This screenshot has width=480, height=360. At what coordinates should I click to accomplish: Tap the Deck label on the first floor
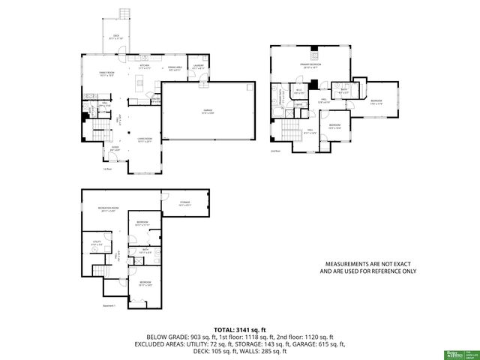click(116, 37)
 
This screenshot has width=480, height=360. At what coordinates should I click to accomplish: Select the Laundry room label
click(198, 66)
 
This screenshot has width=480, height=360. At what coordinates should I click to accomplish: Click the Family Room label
click(105, 73)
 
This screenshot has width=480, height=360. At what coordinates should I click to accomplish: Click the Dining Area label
click(173, 67)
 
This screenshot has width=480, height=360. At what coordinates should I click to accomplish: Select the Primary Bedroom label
click(312, 66)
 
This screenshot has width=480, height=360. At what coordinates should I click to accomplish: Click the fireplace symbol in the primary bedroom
click(315, 54)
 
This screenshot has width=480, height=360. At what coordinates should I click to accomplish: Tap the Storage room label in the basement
click(184, 203)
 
